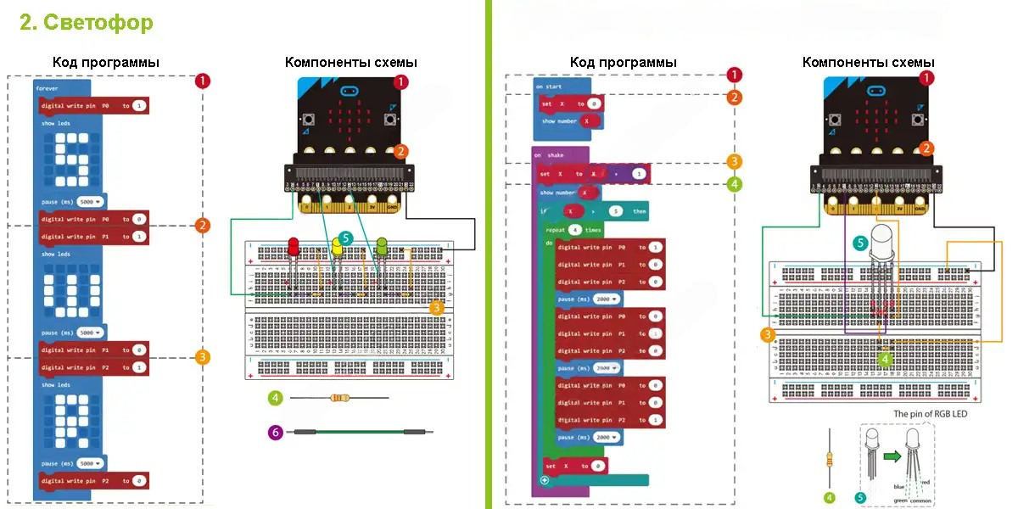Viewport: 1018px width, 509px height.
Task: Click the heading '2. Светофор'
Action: pyautogui.click(x=87, y=23)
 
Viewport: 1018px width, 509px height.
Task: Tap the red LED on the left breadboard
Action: pyautogui.click(x=294, y=247)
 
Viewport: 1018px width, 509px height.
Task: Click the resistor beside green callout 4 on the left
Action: pyautogui.click(x=339, y=397)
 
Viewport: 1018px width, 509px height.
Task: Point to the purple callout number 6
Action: pyautogui.click(x=275, y=433)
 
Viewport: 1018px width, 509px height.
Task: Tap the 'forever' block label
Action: pyautogui.click(x=48, y=87)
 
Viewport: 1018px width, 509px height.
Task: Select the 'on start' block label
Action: pyautogui.click(x=547, y=87)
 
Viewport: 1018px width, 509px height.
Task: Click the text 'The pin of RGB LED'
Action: pyautogui.click(x=930, y=414)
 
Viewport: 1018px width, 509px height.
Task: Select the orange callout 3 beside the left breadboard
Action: pyautogui.click(x=437, y=308)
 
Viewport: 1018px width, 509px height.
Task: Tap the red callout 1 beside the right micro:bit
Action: pyautogui.click(x=927, y=77)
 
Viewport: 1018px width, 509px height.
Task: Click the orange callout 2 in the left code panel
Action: pyautogui.click(x=202, y=225)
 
